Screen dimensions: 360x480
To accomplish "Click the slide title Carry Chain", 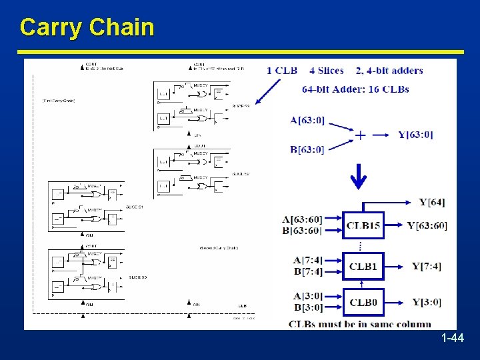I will [x=87, y=27].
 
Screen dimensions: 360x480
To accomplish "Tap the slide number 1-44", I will [x=453, y=339].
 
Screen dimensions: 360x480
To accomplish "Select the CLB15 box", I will [x=363, y=226].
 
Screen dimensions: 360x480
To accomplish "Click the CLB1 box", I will [x=363, y=267].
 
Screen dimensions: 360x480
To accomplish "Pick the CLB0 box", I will [x=363, y=303].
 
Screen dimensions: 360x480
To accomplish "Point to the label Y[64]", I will [x=431, y=202].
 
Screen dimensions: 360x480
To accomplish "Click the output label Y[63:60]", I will [x=427, y=226].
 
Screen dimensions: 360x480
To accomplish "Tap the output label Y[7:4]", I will [x=426, y=267].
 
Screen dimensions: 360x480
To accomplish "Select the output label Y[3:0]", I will [x=426, y=303].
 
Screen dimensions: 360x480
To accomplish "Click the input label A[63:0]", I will [x=307, y=121].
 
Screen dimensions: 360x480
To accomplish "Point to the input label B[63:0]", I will [x=307, y=149].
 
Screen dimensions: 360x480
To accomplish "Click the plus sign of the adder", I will [x=360, y=135].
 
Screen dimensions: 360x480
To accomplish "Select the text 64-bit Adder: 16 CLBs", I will [x=355, y=89].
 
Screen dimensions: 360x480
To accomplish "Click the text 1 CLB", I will [x=281, y=71].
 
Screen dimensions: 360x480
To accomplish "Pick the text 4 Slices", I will [x=327, y=71].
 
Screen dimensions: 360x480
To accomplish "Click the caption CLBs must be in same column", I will [x=359, y=324].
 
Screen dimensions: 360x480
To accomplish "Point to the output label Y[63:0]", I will [x=415, y=135].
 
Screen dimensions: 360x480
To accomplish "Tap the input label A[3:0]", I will [x=308, y=296].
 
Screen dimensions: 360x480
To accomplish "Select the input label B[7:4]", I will [x=308, y=272].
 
